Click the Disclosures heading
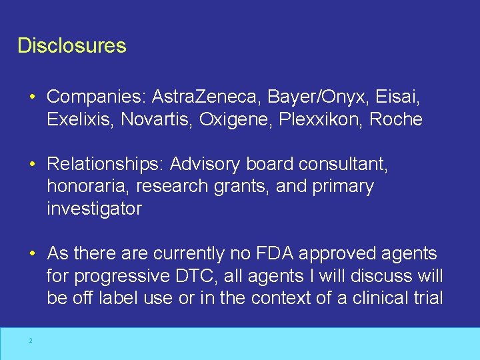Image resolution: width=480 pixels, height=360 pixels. point(71,46)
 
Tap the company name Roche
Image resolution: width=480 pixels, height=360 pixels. point(396,120)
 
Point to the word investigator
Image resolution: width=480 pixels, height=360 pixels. point(94,209)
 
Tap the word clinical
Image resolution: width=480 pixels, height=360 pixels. point(375,299)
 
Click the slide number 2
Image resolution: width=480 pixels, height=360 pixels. point(30,341)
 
